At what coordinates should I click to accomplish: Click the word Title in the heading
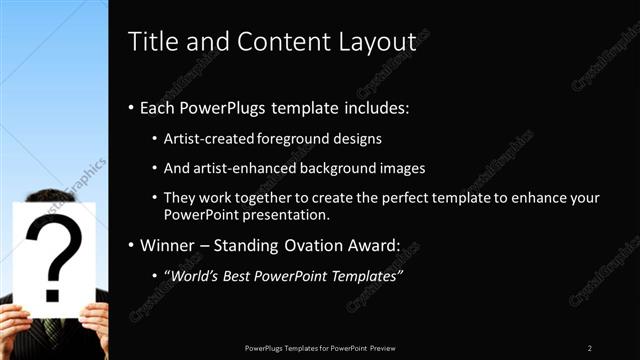[151, 41]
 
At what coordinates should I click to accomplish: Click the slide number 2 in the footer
[590, 347]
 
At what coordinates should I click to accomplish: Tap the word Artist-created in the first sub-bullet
[209, 138]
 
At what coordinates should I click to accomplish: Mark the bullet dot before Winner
[133, 243]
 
